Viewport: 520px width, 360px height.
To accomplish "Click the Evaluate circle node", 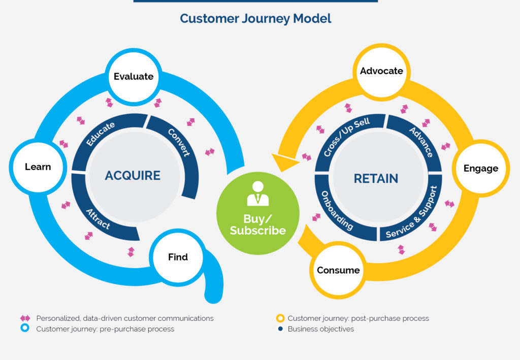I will tap(134, 77).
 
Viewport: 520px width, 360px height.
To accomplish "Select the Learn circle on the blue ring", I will tap(38, 167).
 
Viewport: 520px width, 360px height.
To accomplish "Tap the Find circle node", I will tap(178, 257).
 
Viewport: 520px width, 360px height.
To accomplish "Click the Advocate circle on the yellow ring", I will tap(381, 71).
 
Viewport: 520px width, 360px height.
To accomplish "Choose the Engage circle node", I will tap(480, 169).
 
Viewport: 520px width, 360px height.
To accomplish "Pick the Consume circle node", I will tap(338, 270).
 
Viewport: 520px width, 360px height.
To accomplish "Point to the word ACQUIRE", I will tap(133, 176).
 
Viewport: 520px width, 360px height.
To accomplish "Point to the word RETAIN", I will tap(376, 179).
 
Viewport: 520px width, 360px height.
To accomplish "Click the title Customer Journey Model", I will tap(255, 19).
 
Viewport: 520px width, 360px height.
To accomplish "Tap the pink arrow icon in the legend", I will tap(24, 318).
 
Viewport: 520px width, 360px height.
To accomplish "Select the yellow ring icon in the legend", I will tap(280, 318).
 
